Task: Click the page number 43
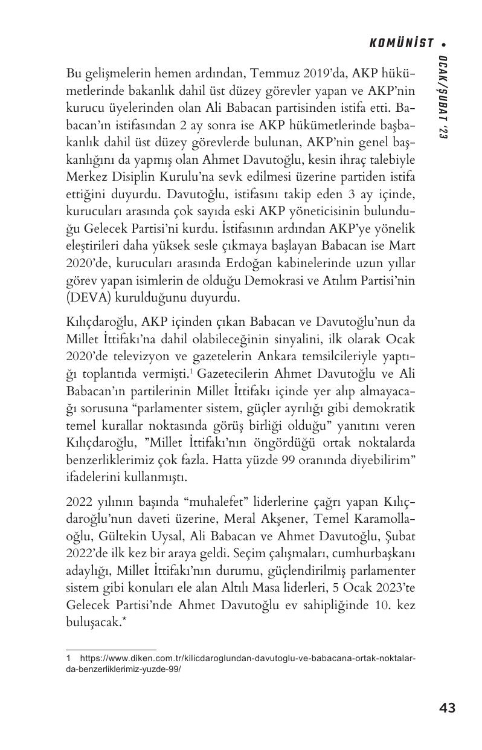click(x=447, y=708)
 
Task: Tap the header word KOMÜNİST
click(x=402, y=43)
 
